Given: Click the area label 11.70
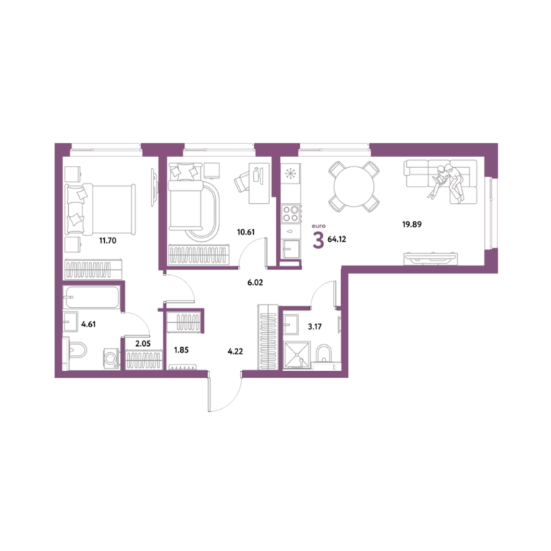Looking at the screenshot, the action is tap(108, 241).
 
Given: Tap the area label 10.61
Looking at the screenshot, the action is tap(245, 232).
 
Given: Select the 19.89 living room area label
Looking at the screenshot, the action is tap(412, 224).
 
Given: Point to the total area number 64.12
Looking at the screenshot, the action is tap(336, 240).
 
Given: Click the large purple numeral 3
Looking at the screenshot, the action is tap(319, 241).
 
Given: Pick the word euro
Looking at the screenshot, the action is tap(319, 226).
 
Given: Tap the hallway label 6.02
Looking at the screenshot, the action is tap(255, 283).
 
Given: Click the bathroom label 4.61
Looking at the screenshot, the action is tap(88, 324).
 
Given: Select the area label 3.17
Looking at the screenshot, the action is tap(314, 327).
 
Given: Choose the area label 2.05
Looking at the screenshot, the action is tap(143, 344).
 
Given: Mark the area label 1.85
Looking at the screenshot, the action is tap(182, 350).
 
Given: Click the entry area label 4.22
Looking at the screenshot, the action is tap(235, 351).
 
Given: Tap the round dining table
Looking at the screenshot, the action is tap(354, 187).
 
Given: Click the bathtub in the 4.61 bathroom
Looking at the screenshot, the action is tap(91, 297).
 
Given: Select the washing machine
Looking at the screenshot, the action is tap(111, 359).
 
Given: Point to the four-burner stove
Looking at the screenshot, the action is tap(291, 214).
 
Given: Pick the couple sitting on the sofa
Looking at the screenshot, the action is tap(446, 181).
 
